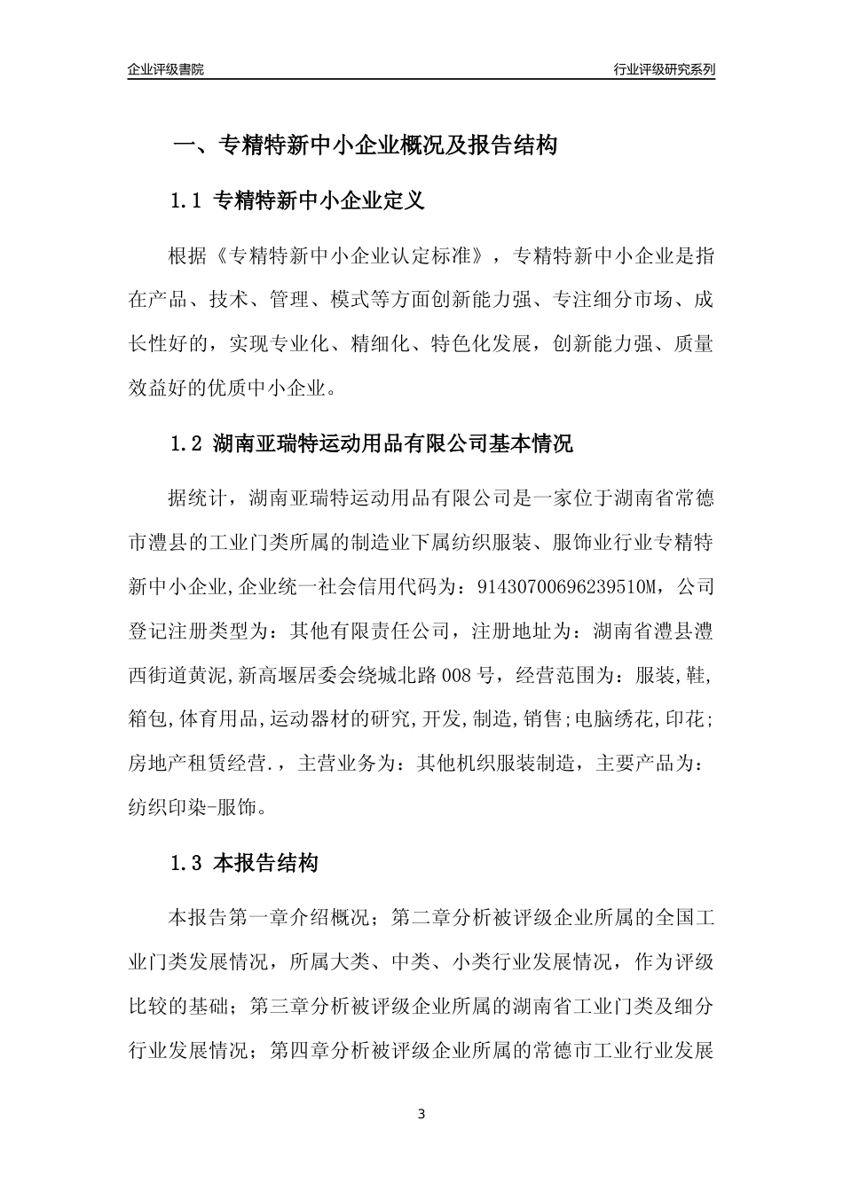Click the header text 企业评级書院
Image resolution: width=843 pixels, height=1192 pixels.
coord(166,69)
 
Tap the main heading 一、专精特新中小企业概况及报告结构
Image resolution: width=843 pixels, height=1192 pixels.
coord(364,145)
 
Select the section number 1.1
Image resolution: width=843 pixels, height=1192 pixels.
coord(187,201)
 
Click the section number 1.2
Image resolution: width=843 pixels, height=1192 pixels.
coord(187,443)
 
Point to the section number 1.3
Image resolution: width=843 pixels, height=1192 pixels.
coord(187,863)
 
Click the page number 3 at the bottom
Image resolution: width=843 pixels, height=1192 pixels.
coord(421,1113)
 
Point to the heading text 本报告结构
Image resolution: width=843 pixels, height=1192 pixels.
coord(266,863)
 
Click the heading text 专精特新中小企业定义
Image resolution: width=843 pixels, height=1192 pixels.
coord(319,201)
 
